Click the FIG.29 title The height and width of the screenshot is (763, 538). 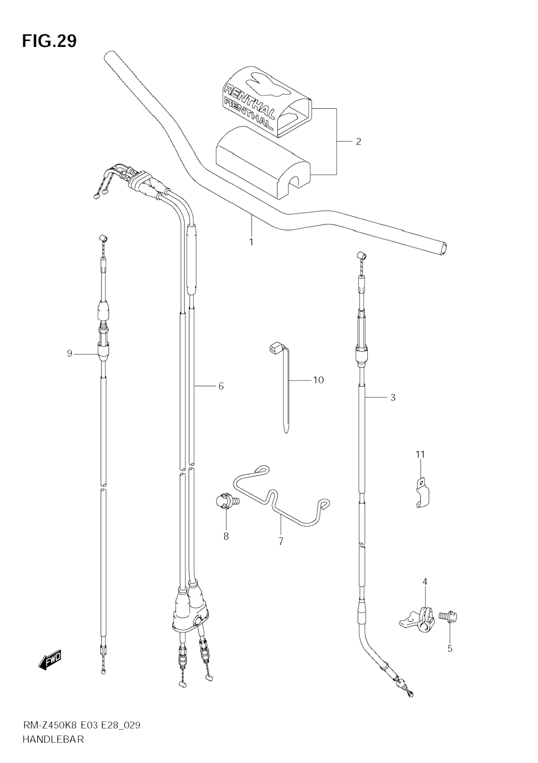coord(49,41)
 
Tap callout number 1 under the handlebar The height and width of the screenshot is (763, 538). coord(251,242)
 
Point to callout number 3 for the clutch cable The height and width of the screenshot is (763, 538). coord(393,397)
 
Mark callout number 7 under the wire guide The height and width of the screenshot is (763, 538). coord(281,541)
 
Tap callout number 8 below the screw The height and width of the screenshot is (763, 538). coord(226,536)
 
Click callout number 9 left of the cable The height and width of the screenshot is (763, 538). coord(69,353)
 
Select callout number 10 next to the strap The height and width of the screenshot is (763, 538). coord(318,380)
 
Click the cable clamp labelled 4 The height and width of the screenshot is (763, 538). coord(420,619)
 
